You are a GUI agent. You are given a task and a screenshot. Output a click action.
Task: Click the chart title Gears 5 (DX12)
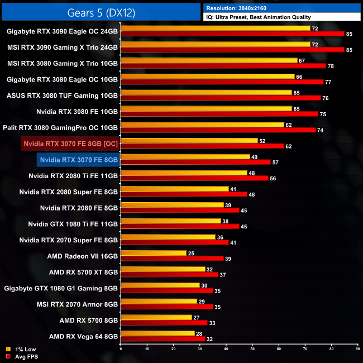click(101, 12)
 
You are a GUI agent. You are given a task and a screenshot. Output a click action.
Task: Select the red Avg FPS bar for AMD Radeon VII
click(171, 259)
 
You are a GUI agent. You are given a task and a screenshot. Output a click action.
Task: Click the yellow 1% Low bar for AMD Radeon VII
click(153, 253)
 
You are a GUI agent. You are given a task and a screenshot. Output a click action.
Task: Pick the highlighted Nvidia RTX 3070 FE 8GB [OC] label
click(70, 144)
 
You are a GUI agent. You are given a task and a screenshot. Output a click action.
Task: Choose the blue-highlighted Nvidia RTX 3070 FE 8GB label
click(78, 160)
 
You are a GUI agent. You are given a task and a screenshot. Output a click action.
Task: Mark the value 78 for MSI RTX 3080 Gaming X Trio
click(331, 66)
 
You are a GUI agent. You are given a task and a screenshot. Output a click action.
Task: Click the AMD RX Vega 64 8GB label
click(83, 337)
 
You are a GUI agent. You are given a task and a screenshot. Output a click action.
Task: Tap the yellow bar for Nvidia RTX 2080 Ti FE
click(183, 173)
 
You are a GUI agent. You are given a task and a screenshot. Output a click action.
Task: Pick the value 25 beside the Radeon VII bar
click(191, 254)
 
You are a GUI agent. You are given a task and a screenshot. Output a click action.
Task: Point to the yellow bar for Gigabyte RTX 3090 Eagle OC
click(215, 28)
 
